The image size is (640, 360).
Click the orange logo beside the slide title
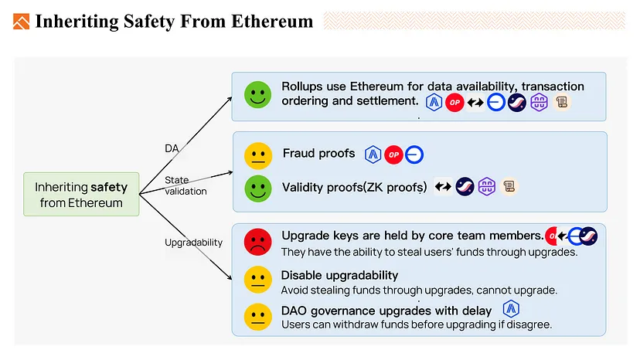point(21,22)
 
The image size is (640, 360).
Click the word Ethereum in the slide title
point(272,21)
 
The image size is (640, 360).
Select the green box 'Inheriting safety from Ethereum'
point(81,194)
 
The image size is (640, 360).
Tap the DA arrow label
point(172,148)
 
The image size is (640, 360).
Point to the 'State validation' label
point(186,185)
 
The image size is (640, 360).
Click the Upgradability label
point(193,243)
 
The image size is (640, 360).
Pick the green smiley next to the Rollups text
point(258,95)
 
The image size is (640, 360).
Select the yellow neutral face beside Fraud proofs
point(258,156)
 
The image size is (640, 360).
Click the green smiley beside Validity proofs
point(258,188)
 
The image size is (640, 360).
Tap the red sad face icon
point(258,242)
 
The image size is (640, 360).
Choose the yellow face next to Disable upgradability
point(258,280)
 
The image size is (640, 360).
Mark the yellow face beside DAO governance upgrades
point(258,317)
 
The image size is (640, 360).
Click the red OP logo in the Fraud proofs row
point(394,155)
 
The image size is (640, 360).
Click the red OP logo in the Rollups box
point(454,103)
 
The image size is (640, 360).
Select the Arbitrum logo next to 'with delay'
point(511,309)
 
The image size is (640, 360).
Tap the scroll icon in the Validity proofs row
point(509,187)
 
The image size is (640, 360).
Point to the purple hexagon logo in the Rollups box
point(540,102)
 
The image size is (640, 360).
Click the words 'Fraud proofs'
point(318,154)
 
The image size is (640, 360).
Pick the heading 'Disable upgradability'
point(339,276)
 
